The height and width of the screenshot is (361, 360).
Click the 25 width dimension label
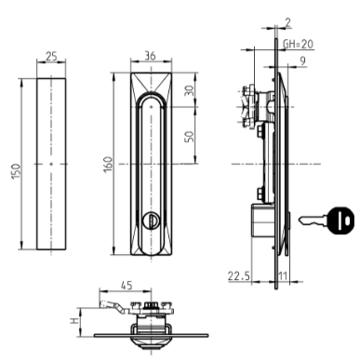51,57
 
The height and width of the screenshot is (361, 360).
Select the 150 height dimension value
16,171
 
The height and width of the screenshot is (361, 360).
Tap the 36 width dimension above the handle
150,56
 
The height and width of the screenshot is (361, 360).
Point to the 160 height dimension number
108,165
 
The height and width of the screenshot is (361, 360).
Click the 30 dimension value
190,90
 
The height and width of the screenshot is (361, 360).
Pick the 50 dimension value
190,137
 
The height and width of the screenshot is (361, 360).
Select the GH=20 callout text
298,44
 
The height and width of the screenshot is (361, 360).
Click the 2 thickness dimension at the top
287,22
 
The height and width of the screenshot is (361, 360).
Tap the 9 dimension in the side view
303,60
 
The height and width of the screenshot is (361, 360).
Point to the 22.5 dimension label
238,275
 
